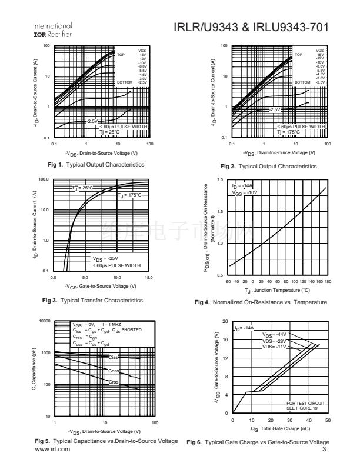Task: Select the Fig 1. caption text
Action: [x=95, y=164]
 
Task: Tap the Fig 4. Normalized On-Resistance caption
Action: [x=261, y=302]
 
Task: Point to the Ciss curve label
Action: [x=114, y=357]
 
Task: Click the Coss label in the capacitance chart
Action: [x=114, y=371]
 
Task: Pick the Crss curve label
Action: [x=114, y=382]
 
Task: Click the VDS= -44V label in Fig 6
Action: [x=274, y=335]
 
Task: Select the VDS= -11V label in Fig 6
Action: [x=274, y=347]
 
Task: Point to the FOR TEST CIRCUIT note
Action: [x=304, y=403]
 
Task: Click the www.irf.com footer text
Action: [x=53, y=449]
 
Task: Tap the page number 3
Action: [x=325, y=450]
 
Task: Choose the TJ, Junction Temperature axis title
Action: [x=278, y=290]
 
